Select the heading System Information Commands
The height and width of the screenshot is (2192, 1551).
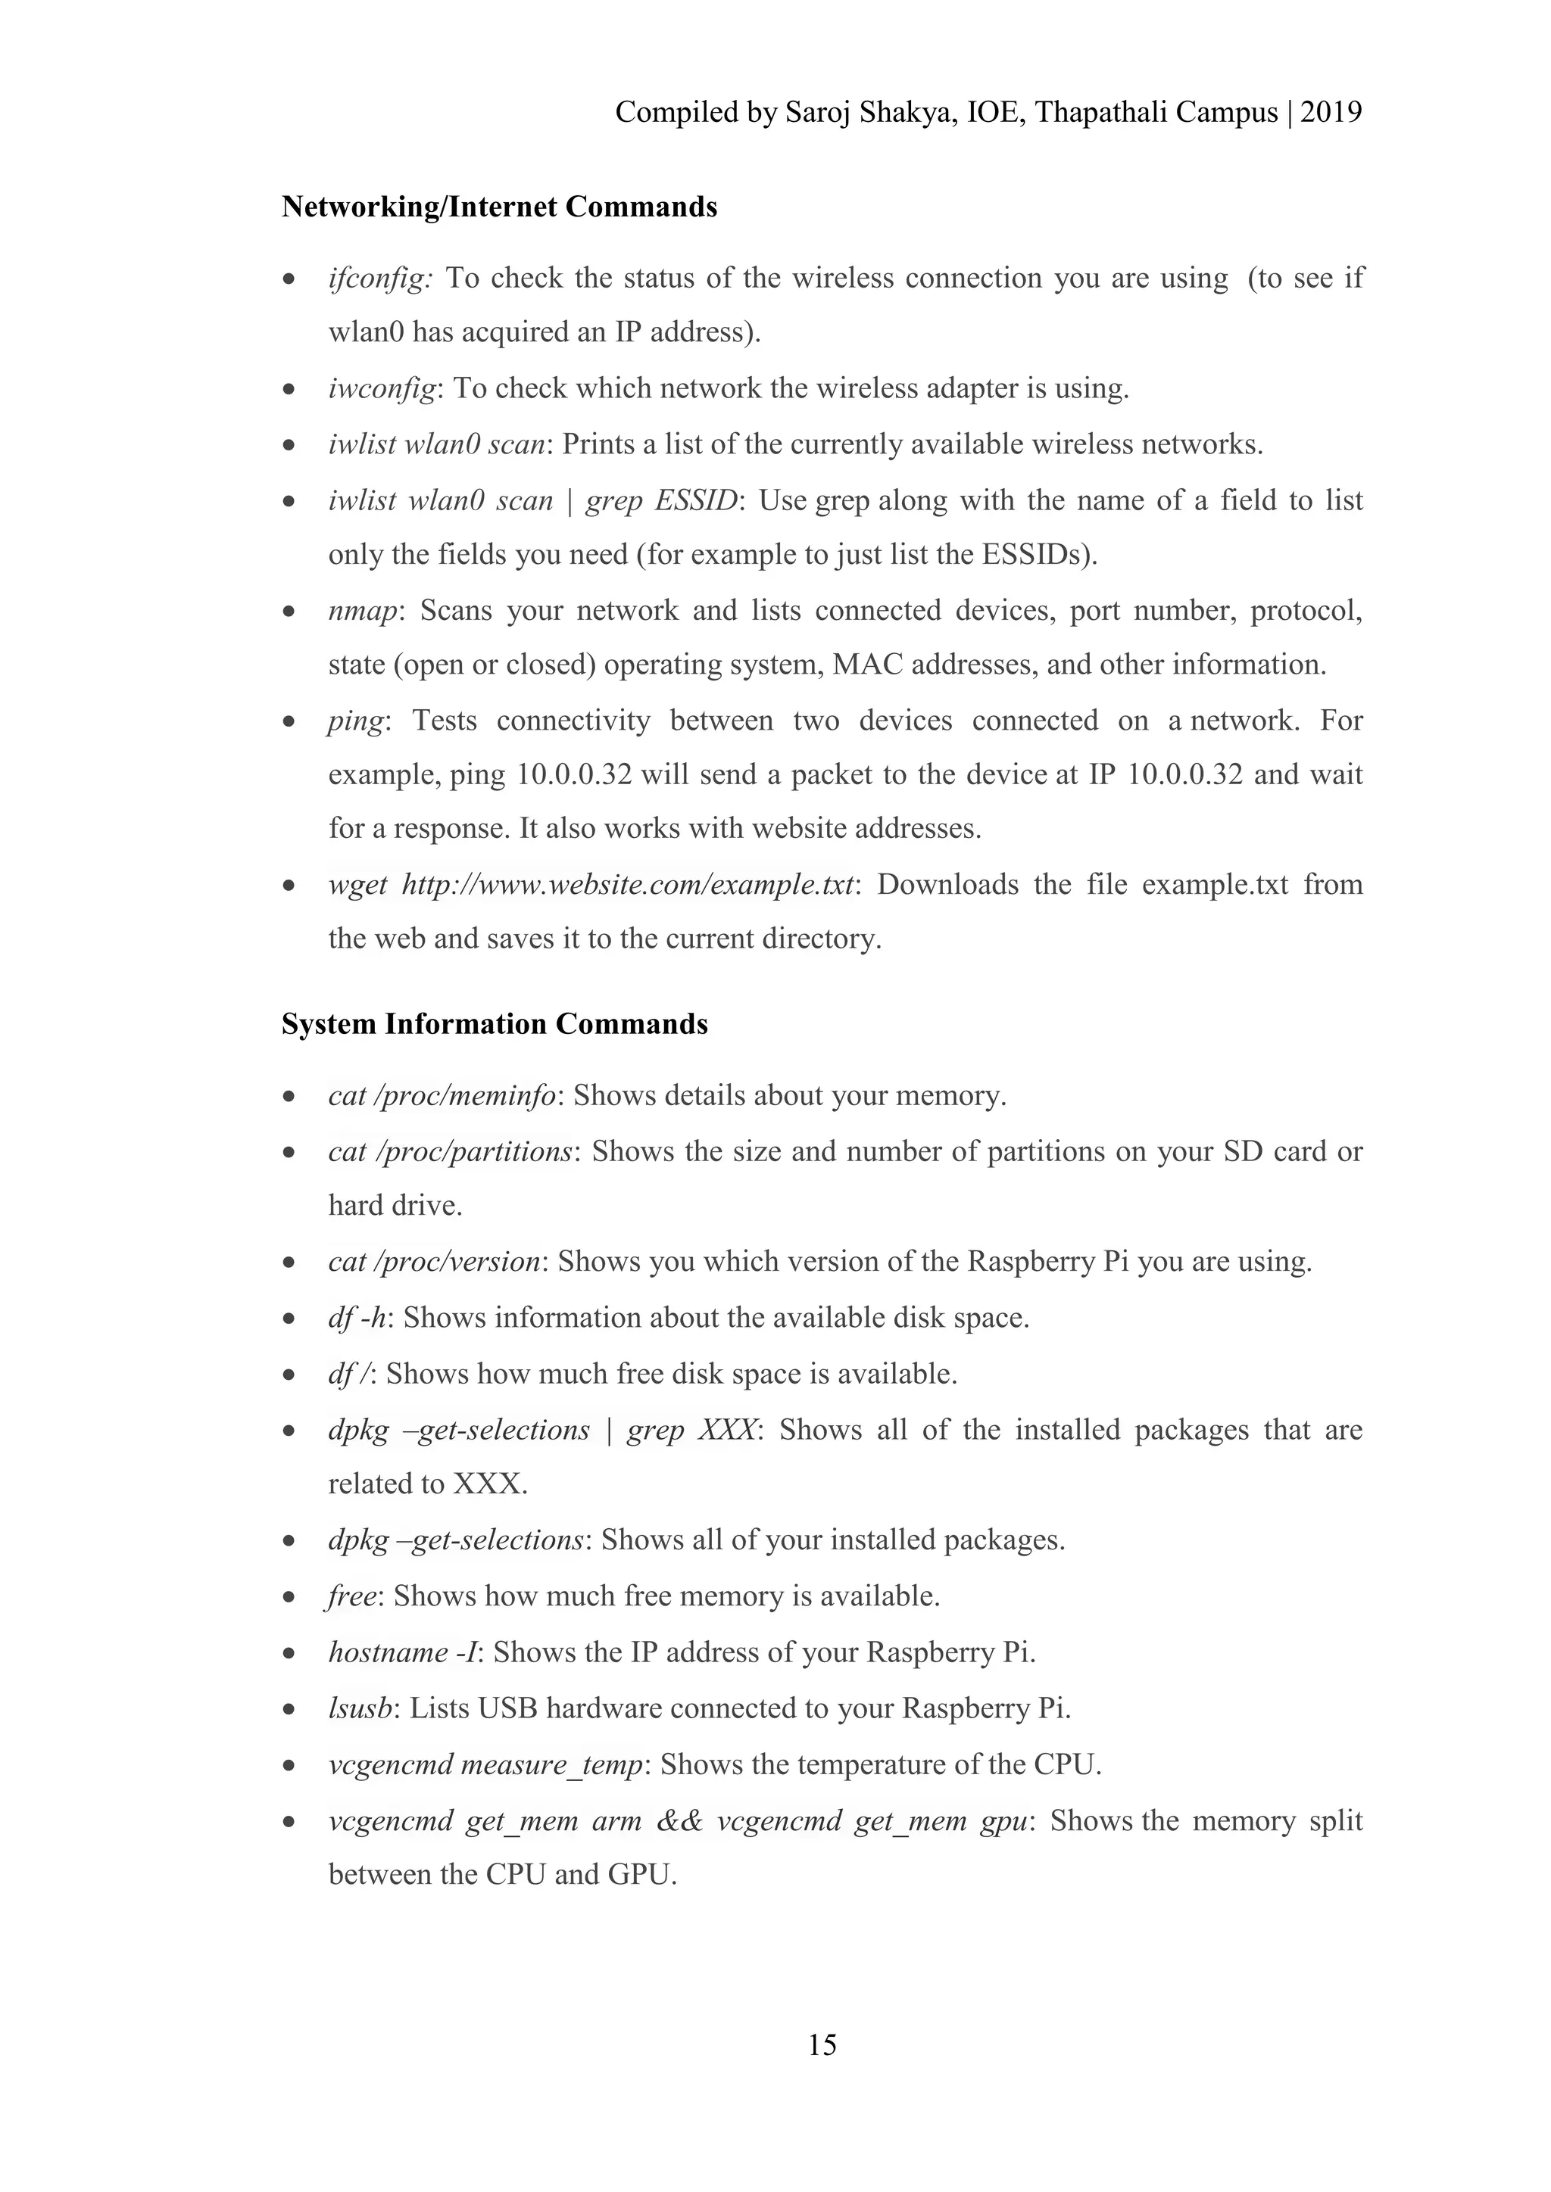(494, 1023)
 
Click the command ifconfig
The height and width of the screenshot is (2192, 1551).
(379, 279)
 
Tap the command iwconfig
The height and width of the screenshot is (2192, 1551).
(382, 388)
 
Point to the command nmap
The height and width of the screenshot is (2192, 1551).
(361, 610)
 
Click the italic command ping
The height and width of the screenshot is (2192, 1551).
(355, 721)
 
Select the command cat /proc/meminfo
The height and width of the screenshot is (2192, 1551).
(442, 1095)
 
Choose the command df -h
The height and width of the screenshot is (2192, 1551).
(357, 1318)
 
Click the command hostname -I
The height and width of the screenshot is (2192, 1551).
(401, 1652)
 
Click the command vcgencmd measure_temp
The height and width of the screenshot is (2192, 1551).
(485, 1764)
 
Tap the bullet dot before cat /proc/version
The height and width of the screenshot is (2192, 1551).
(289, 1263)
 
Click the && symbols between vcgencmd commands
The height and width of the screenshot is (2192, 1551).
(679, 1820)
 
